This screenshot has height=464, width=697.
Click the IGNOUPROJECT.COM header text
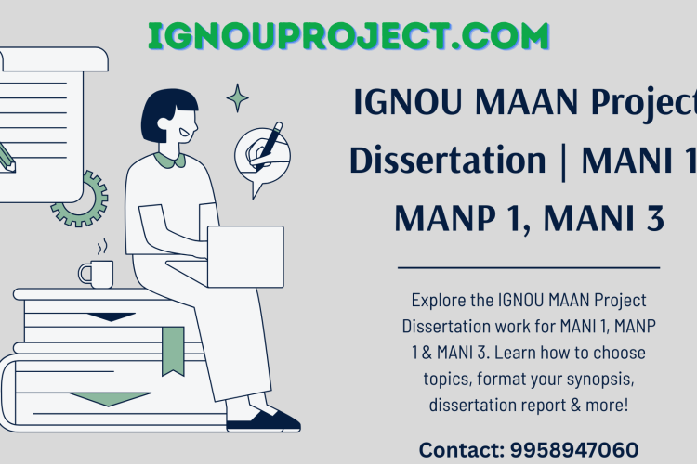pos(348,36)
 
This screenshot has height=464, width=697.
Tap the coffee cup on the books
pos(96,274)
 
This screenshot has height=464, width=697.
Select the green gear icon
pos(80,198)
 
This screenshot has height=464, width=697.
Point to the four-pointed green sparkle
pos(238,97)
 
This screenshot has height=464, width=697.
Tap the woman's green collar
pos(170,161)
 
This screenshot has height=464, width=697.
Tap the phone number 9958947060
pos(573,450)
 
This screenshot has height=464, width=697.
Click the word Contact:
pos(461,450)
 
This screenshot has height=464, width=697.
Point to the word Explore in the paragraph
pos(437,301)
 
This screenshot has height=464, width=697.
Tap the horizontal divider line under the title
pos(528,267)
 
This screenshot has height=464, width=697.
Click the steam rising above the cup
pos(103,247)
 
